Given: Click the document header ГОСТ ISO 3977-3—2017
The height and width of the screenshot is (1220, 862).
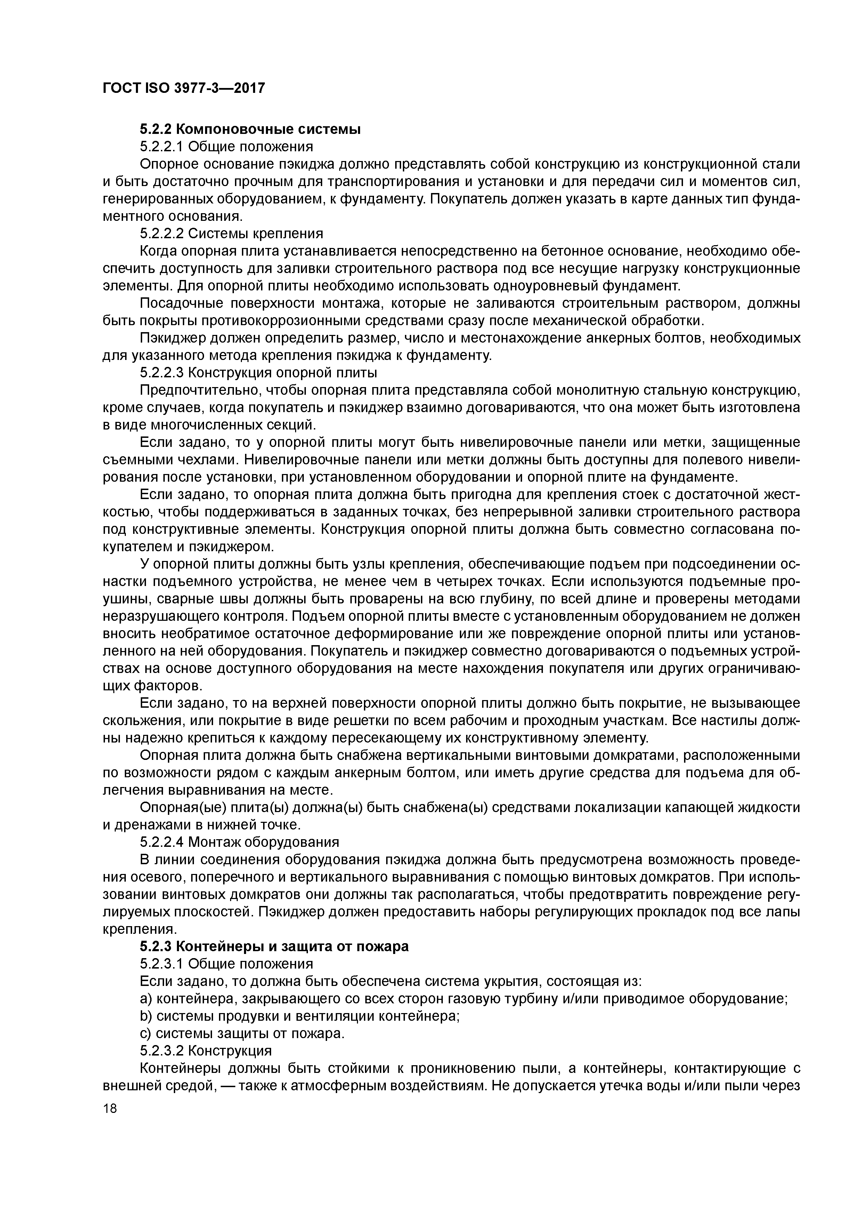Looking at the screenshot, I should click(183, 88).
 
